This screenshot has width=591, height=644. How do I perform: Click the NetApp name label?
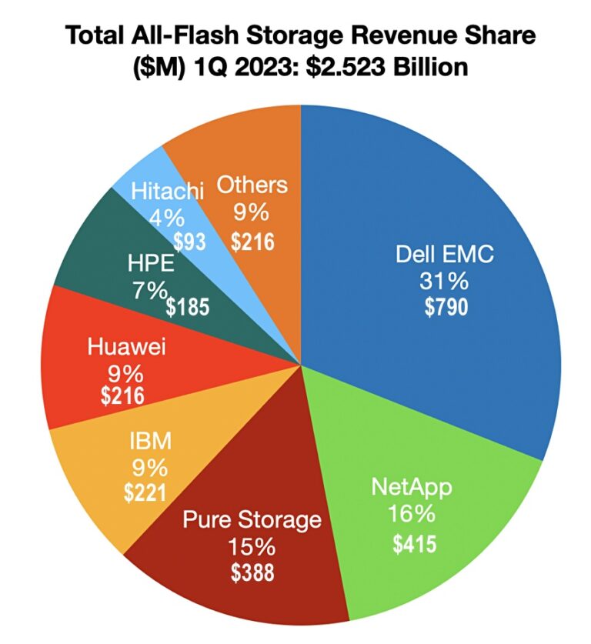pyautogui.click(x=412, y=487)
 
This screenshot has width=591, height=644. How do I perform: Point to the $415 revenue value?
pyautogui.click(x=414, y=544)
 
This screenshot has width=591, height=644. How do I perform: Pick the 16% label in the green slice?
pyautogui.click(x=412, y=514)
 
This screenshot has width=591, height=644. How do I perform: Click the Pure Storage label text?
pyautogui.click(x=252, y=519)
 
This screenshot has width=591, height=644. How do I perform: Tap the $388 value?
pyautogui.click(x=252, y=574)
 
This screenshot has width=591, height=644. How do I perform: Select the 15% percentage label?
pyautogui.click(x=252, y=547)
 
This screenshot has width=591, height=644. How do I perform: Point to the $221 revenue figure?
pyautogui.click(x=146, y=492)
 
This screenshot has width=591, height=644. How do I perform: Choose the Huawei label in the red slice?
pyautogui.click(x=127, y=349)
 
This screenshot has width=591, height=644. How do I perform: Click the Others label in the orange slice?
pyautogui.click(x=252, y=185)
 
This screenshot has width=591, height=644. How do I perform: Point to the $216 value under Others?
pyautogui.click(x=253, y=242)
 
